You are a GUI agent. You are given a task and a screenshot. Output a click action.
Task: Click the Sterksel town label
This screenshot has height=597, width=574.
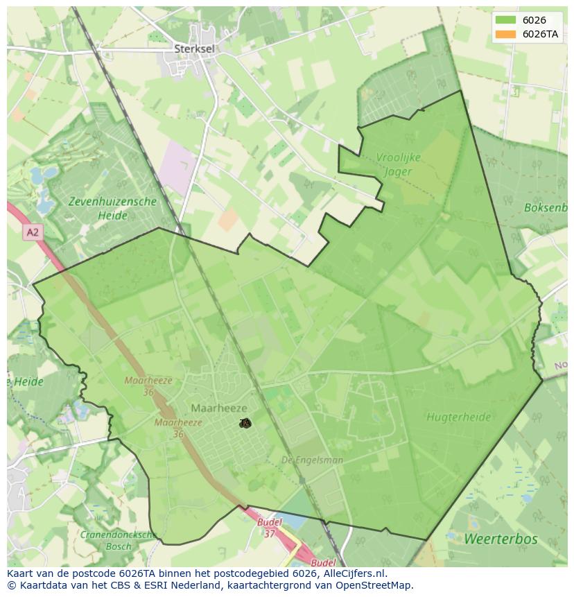pyautogui.click(x=194, y=49)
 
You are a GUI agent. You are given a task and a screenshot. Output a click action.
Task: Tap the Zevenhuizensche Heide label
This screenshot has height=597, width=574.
pyautogui.click(x=112, y=209)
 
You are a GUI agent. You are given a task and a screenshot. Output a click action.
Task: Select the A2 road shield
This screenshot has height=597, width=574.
pyautogui.click(x=33, y=232)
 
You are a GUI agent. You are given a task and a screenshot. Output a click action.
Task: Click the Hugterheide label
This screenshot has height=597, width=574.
pyautogui.click(x=458, y=417)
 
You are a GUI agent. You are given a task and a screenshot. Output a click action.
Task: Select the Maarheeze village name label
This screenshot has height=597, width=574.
pyautogui.click(x=219, y=408)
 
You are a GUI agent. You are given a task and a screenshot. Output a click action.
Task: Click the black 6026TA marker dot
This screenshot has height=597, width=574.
pyautogui.click(x=245, y=423)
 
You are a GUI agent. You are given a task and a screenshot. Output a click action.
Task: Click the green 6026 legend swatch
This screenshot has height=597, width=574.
pyautogui.click(x=505, y=20)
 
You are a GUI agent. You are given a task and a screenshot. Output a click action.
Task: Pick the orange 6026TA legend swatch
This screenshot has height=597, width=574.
pyautogui.click(x=505, y=34)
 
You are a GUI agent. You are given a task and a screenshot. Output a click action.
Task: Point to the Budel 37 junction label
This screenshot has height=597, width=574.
pyautogui.click(x=269, y=527)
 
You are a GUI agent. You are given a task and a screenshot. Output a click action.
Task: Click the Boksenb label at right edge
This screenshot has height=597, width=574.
pyautogui.click(x=546, y=207)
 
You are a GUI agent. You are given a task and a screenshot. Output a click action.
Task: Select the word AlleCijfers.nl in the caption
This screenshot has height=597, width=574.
pyautogui.click(x=355, y=573)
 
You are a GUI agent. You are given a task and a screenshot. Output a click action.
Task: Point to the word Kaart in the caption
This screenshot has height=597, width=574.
pyautogui.click(x=21, y=573)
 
